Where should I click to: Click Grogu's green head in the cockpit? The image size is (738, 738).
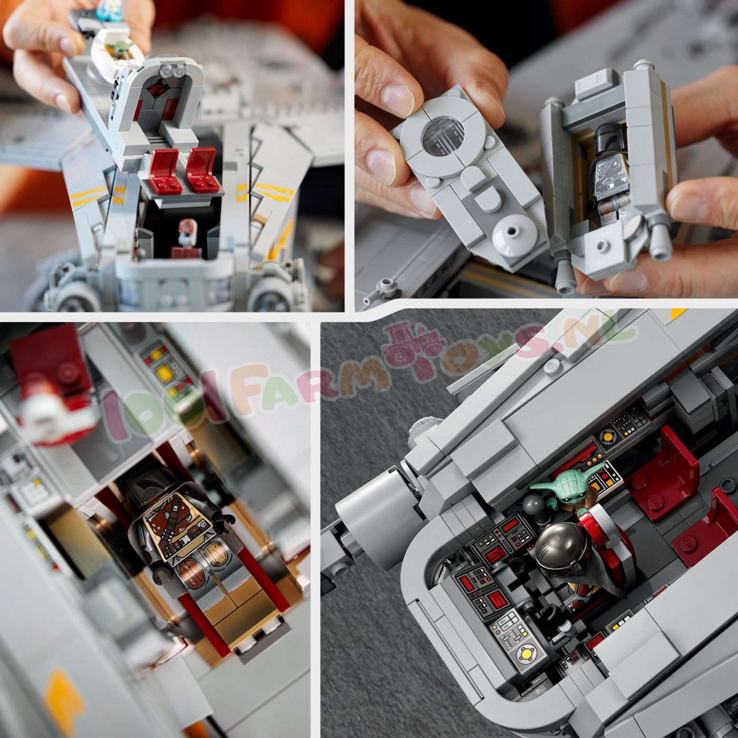point(566,483)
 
